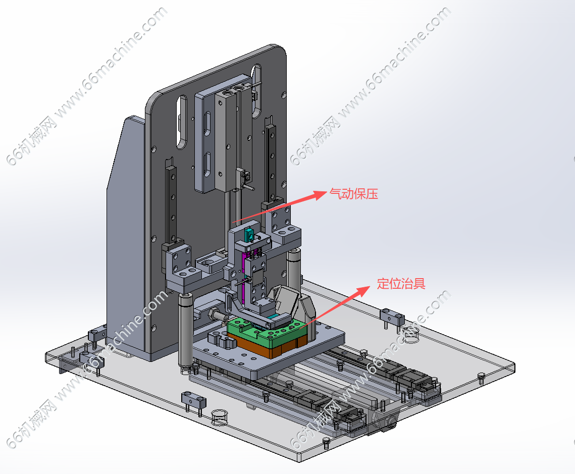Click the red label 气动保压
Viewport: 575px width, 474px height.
tap(353, 193)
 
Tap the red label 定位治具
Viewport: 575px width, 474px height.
tap(401, 283)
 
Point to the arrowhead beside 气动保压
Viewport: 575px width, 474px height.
tap(319, 195)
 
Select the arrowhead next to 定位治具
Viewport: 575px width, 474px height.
tap(363, 291)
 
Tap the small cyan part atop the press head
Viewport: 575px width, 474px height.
tap(249, 234)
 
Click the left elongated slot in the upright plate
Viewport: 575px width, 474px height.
tap(182, 122)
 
